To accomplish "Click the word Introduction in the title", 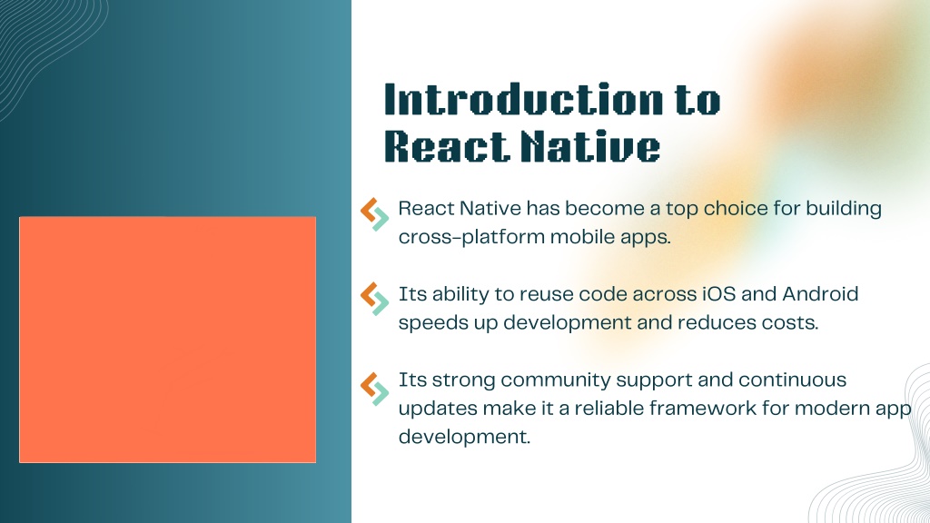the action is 523,99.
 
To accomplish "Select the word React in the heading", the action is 446,146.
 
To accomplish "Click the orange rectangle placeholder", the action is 167,340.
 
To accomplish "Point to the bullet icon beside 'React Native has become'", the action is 374,214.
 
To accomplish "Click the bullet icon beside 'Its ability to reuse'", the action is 374,299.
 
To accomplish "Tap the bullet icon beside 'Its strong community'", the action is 374,389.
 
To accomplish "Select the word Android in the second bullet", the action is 820,294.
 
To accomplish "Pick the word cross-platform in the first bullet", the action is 471,237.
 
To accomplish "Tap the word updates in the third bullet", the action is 438,410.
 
